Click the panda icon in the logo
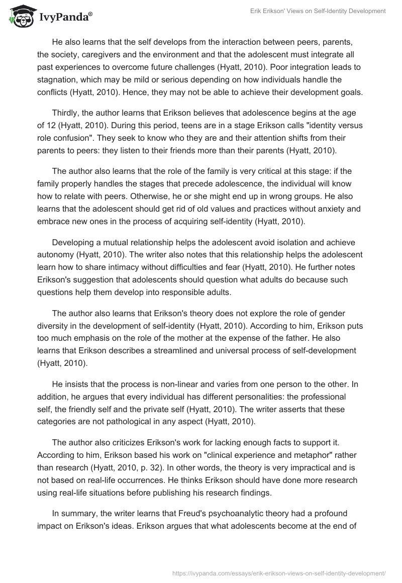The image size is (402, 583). pyautogui.click(x=19, y=16)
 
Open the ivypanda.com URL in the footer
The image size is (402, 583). pyautogui.click(x=278, y=572)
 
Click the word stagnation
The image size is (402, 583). pyautogui.click(x=60, y=79)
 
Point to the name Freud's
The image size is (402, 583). pyautogui.click(x=201, y=514)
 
